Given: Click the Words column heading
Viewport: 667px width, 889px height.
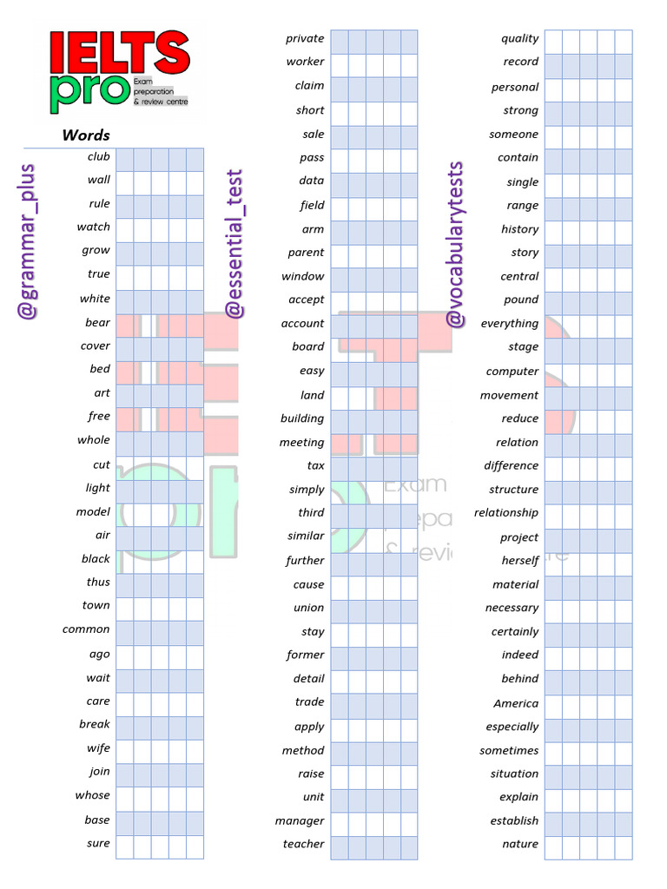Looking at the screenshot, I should pyautogui.click(x=86, y=135).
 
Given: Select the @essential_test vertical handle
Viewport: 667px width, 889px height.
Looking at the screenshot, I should pyautogui.click(x=234, y=244).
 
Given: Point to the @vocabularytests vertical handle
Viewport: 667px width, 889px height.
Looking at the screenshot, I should pyautogui.click(x=455, y=244).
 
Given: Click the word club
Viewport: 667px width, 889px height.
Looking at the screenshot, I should pyautogui.click(x=98, y=157).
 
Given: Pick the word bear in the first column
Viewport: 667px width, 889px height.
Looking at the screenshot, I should pyautogui.click(x=97, y=322).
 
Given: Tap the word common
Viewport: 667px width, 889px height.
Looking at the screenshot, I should pyautogui.click(x=86, y=629).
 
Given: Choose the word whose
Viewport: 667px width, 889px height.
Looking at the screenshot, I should pyautogui.click(x=92, y=795).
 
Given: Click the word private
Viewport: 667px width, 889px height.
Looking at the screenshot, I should pyautogui.click(x=305, y=38).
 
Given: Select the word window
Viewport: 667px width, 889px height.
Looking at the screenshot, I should pyautogui.click(x=302, y=276).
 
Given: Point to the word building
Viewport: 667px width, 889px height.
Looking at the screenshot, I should pyautogui.click(x=301, y=418).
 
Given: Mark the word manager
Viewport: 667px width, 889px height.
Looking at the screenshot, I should pyautogui.click(x=300, y=820).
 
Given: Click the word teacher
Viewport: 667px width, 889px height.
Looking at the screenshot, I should pyautogui.click(x=303, y=844).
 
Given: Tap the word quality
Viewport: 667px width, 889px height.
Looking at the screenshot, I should pyautogui.click(x=519, y=38).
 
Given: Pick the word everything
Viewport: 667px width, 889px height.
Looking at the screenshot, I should pyautogui.click(x=509, y=323).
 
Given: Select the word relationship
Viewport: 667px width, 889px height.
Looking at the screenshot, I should pyautogui.click(x=505, y=513).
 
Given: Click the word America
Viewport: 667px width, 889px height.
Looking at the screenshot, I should pyautogui.click(x=516, y=703).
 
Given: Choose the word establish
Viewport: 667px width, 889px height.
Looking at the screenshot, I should pyautogui.click(x=514, y=820).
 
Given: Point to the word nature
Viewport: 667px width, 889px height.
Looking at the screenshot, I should pyautogui.click(x=520, y=844).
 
